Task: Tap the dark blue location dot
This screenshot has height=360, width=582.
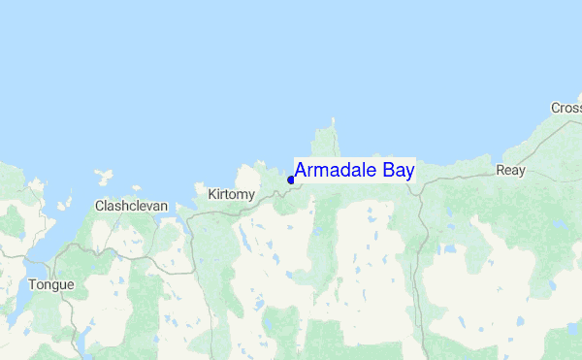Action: tap(291, 180)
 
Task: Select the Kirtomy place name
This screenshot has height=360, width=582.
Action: tap(231, 195)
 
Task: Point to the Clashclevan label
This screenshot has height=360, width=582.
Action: tap(131, 206)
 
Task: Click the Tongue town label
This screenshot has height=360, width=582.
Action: tap(50, 284)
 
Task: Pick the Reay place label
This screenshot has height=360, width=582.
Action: tap(510, 170)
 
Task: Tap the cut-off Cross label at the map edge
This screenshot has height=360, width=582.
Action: tap(566, 108)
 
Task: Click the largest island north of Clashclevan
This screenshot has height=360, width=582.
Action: tap(101, 178)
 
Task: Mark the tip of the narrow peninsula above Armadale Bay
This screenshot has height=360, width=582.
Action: tap(333, 121)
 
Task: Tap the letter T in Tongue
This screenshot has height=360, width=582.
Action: tap(32, 284)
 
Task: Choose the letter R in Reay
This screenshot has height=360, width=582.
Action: tap(500, 170)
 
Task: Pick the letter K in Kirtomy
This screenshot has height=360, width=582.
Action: tap(212, 195)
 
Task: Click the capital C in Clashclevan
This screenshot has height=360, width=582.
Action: tap(99, 206)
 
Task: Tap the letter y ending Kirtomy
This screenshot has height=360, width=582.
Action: tap(251, 197)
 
